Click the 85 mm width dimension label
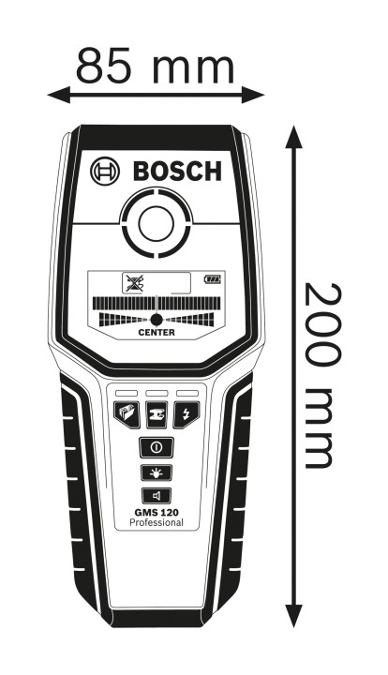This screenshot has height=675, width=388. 155,66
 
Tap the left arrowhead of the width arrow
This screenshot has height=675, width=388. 58,95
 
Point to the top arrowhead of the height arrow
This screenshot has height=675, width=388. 293,137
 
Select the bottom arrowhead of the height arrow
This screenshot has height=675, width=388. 293,616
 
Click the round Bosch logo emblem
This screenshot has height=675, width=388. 105,171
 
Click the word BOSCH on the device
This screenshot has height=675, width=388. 177,171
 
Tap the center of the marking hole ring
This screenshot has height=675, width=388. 157,223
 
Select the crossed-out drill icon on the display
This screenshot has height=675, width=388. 135,283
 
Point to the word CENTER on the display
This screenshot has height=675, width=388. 157,332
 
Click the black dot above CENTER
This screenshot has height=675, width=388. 157,320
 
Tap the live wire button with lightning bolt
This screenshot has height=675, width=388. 187,414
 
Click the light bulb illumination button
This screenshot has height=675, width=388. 157,472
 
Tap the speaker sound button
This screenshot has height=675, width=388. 157,496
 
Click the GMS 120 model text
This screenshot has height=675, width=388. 157,512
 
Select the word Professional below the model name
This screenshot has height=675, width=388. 157,522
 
